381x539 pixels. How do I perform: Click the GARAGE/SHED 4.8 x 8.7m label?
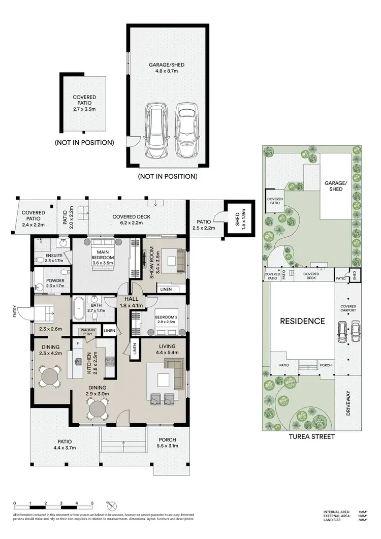[x=167, y=68]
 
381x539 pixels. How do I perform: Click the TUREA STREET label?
[x=311, y=436]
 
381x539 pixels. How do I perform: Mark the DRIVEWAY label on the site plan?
[x=348, y=404]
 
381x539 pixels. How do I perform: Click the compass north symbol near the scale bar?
[x=112, y=506]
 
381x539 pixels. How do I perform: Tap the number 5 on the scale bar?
[x=92, y=503]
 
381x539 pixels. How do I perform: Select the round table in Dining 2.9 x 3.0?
[x=98, y=407]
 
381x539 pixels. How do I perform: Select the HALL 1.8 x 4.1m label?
[x=131, y=303]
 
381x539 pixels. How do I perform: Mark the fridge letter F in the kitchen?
[x=77, y=343]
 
